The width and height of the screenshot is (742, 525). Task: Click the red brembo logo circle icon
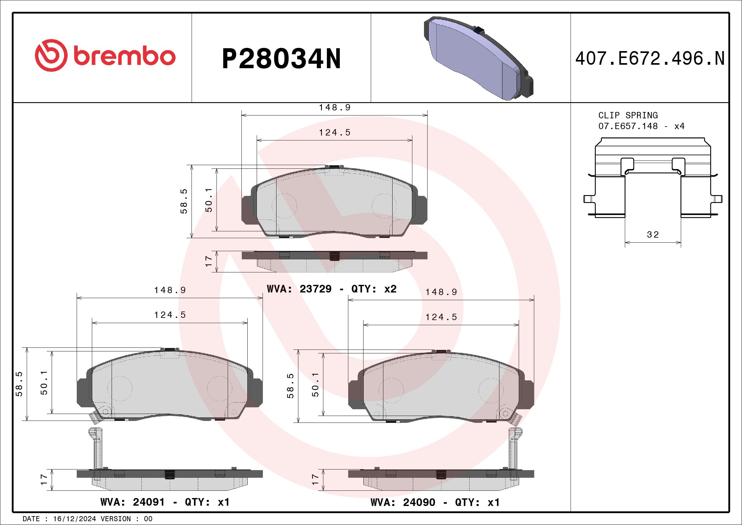[51, 56]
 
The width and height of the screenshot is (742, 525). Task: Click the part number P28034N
[281, 59]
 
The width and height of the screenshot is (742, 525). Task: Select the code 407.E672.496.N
[650, 59]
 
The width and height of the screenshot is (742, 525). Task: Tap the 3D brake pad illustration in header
[478, 58]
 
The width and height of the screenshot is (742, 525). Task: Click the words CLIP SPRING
[628, 115]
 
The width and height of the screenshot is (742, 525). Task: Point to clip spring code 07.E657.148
[628, 126]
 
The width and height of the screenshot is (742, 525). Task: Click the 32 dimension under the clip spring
[653, 235]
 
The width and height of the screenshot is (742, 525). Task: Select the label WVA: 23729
[299, 289]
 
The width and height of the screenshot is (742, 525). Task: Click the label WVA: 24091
[133, 502]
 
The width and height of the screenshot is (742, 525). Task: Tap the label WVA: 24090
[403, 502]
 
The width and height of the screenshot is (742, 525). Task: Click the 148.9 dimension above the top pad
[335, 108]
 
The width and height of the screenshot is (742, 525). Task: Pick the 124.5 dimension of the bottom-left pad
[170, 315]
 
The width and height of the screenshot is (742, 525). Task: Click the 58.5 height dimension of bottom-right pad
[290, 386]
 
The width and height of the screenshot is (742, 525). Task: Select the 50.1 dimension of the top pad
[209, 200]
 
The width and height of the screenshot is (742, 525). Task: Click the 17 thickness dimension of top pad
[209, 261]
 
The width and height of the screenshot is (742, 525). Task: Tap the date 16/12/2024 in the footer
[74, 519]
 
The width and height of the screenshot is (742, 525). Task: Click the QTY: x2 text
[374, 289]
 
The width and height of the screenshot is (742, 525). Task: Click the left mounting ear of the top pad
[247, 209]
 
